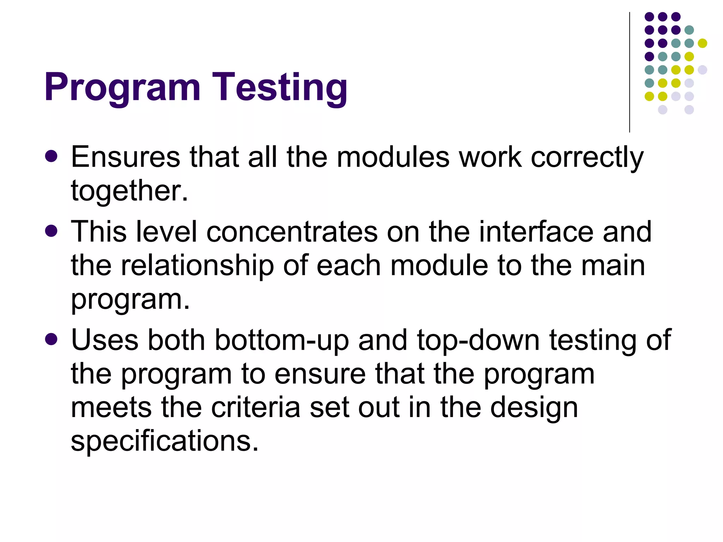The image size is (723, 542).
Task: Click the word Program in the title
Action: click(122, 88)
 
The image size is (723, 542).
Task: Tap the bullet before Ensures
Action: click(52, 156)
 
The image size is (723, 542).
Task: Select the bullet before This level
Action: click(52, 231)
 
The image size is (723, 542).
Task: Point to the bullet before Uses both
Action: click(52, 339)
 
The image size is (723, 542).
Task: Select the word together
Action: click(129, 191)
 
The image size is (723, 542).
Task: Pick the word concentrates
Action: click(292, 232)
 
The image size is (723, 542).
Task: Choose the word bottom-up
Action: click(281, 340)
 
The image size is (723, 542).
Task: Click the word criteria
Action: click(256, 408)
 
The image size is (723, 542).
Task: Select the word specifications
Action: click(165, 441)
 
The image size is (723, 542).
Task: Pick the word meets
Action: click(112, 408)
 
